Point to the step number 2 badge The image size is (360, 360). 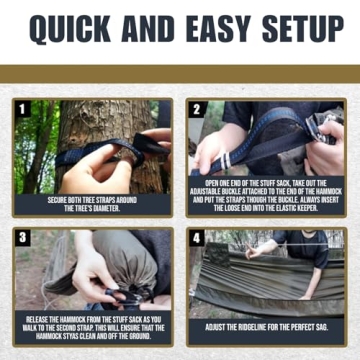point(197,107)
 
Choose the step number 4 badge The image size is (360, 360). point(197,237)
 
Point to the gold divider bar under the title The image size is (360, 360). point(180,73)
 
